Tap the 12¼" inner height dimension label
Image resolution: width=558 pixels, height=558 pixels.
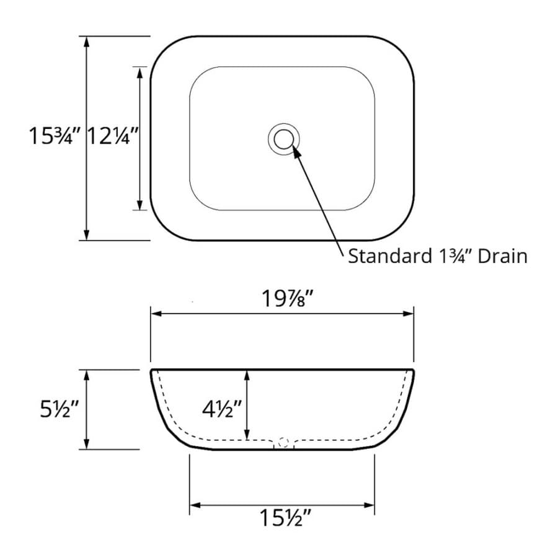[x=112, y=136]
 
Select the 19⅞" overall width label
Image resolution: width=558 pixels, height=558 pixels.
[x=288, y=298]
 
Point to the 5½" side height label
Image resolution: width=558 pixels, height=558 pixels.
[x=59, y=409]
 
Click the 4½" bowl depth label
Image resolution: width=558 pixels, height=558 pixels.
[x=222, y=409]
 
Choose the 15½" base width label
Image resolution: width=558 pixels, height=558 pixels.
[x=285, y=517]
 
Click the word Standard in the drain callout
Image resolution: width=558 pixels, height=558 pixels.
[x=390, y=256]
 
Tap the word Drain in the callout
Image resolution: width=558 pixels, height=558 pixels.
[x=502, y=256]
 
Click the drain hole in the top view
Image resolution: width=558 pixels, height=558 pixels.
[x=283, y=139]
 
